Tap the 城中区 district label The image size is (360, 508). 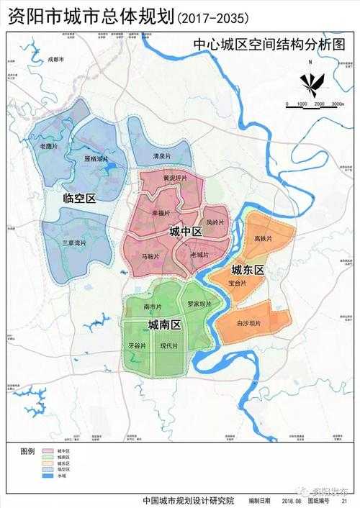pos(185,231)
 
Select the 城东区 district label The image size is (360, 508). pos(248,270)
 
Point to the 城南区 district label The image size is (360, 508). pos(164,326)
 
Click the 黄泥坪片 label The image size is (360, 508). pos(175,178)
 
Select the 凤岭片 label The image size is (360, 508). pos(215,222)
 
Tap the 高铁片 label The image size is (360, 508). pos(263,238)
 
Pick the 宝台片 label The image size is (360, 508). pos(238,284)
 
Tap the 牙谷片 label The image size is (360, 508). pos(137,346)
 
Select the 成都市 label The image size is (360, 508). pos(56,60)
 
